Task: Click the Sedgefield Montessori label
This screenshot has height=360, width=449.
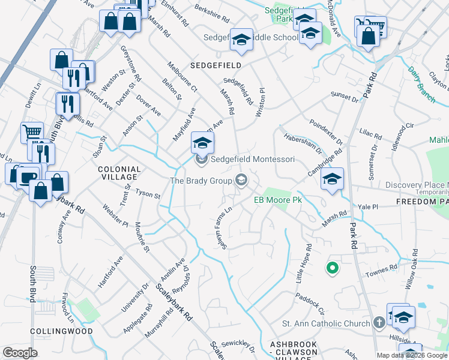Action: click(252, 160)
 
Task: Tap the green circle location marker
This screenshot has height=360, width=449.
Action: click(332, 268)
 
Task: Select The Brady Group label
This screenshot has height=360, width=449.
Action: click(201, 180)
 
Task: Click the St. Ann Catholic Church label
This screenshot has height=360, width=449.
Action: click(326, 324)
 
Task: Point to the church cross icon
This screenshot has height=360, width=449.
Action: click(379, 323)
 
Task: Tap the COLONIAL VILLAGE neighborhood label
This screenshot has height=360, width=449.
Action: click(119, 173)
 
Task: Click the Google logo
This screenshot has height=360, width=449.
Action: click(20, 353)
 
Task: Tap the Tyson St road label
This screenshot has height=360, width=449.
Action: click(148, 194)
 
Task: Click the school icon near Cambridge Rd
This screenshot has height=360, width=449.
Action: click(332, 178)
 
